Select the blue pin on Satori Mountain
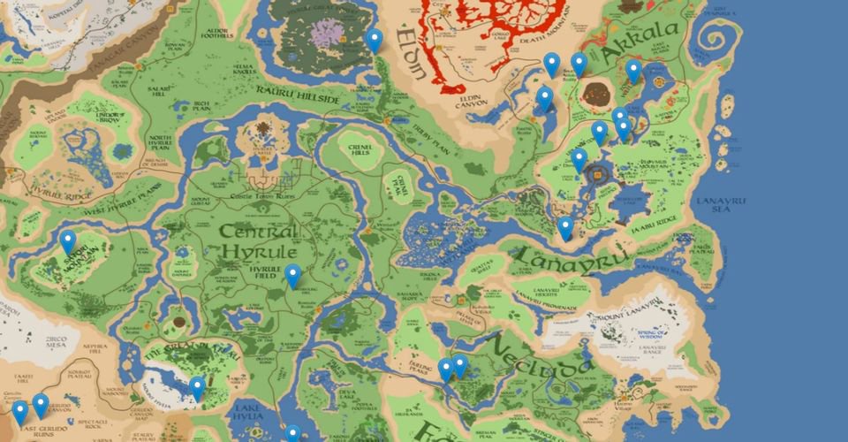coord(67,242)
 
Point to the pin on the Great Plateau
coord(196,387)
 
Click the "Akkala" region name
coord(643,38)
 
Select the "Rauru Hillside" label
coord(296,94)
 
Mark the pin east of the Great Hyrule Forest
coord(375,40)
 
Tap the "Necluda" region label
coord(536,354)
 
